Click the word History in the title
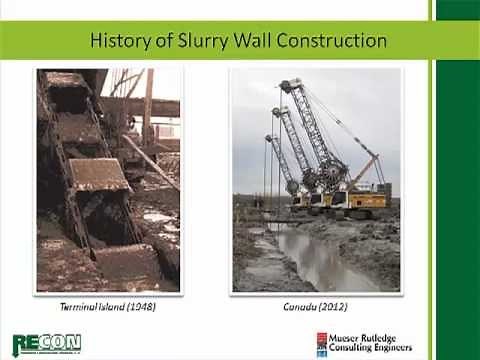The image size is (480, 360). [124, 41]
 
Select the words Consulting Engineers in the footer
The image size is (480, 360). [375, 351]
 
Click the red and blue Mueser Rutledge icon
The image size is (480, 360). [324, 345]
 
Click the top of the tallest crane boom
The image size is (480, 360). [290, 84]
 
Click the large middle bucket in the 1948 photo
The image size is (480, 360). [97, 174]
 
